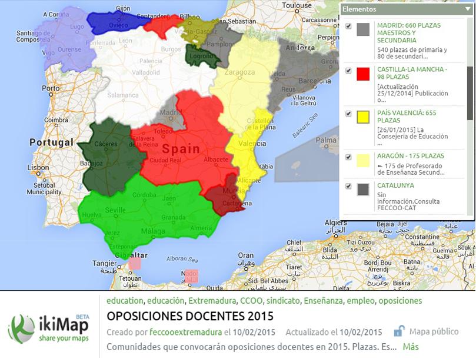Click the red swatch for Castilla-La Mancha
click(363, 74)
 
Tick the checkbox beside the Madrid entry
click(349, 26)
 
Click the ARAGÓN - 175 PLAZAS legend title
click(411, 156)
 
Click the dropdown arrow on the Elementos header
click(467, 9)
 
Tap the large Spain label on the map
click(181, 149)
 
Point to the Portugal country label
click(52, 142)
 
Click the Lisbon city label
click(38, 167)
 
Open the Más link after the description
click(411, 347)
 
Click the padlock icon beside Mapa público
click(400, 331)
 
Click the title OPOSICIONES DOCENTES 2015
click(190, 316)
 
